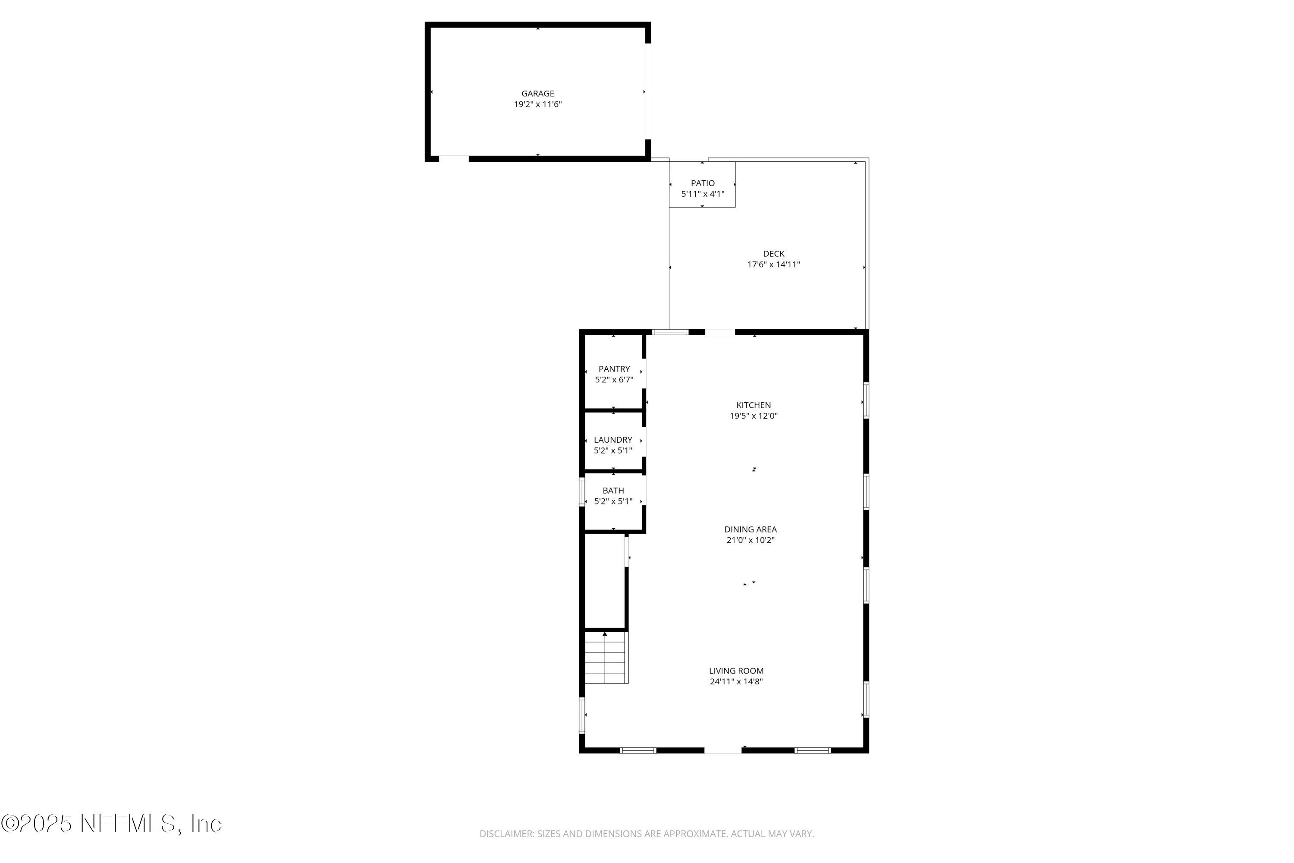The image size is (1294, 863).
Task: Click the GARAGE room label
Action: click(x=537, y=94)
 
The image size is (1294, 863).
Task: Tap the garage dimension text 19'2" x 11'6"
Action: click(x=537, y=104)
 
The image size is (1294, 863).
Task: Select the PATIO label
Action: click(x=703, y=183)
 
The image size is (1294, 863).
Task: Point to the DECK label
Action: click(x=773, y=254)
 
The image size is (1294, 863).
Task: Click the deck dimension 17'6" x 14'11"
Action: click(x=773, y=264)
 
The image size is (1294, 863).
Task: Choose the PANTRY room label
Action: click(x=614, y=369)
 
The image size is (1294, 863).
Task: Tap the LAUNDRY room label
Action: click(x=613, y=440)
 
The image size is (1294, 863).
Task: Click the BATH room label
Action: click(x=613, y=490)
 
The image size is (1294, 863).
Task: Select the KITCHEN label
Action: click(x=754, y=405)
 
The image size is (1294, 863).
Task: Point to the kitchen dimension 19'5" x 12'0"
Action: click(x=754, y=416)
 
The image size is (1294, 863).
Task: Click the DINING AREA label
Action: click(x=751, y=529)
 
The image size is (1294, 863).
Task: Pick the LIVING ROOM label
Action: click(x=736, y=671)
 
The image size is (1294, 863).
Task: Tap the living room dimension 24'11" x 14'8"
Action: click(x=736, y=681)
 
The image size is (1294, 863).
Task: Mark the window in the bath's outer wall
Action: click(x=581, y=492)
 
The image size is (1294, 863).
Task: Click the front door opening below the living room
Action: click(x=723, y=750)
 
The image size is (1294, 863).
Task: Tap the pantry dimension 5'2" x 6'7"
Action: click(x=614, y=380)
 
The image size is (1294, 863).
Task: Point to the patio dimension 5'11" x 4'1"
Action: click(x=703, y=194)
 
